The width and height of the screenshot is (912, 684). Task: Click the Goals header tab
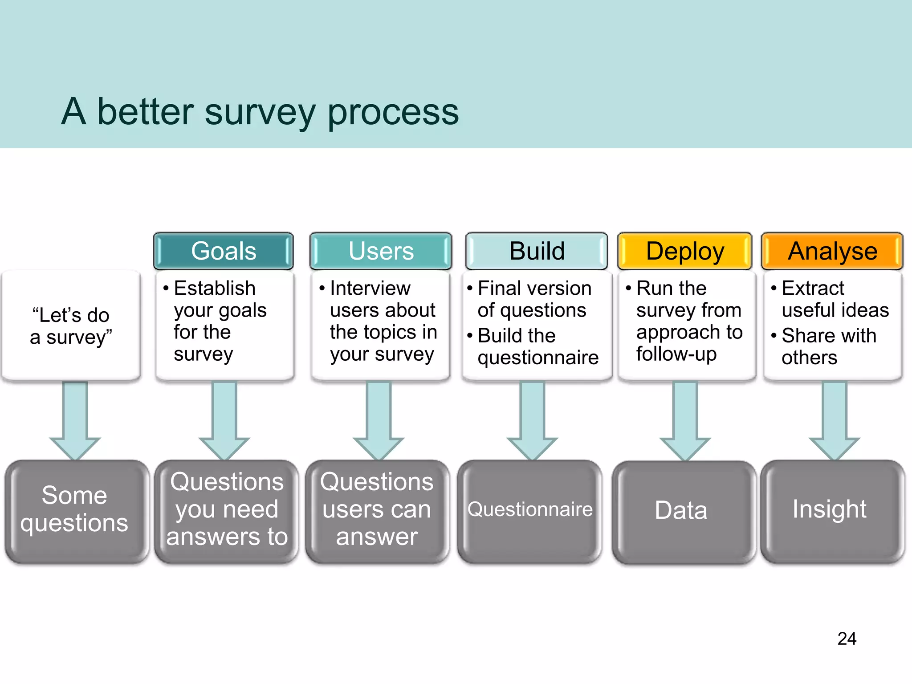(224, 251)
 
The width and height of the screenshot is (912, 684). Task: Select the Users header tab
(381, 251)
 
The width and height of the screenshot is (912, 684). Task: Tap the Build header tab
(537, 251)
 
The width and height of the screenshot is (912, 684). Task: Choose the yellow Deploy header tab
(685, 251)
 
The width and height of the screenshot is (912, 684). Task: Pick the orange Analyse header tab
(832, 251)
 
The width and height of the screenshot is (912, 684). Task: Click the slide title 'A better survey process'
(260, 111)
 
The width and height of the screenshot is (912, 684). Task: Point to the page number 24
(847, 639)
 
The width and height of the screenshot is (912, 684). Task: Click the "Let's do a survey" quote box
(71, 326)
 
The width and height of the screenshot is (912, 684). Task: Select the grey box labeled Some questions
(75, 510)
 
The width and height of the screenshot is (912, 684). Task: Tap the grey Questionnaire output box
(530, 510)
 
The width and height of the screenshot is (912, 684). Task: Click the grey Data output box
(681, 511)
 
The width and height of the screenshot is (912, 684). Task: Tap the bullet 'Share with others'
(828, 346)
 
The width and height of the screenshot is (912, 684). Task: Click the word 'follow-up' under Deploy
(676, 354)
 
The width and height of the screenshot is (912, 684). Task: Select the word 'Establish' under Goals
(215, 288)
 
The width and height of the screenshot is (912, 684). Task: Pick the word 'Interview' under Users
(370, 288)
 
